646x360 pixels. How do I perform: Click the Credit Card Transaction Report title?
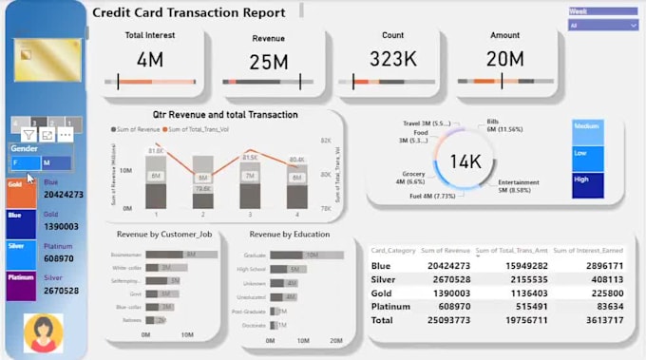click(x=188, y=13)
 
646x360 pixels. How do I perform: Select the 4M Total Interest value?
click(x=150, y=62)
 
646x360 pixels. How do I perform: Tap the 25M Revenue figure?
click(x=269, y=64)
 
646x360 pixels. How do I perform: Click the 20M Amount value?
click(x=505, y=60)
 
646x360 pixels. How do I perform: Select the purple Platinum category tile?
click(x=21, y=285)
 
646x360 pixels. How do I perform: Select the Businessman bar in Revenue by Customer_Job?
click(x=172, y=255)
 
